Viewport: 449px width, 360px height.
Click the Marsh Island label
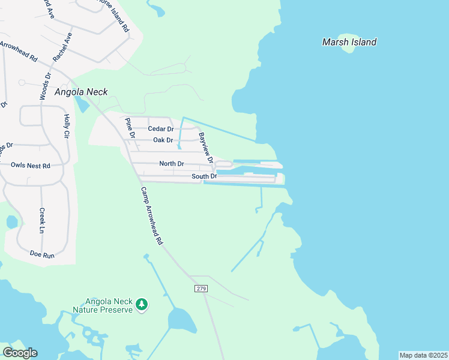coord(349,42)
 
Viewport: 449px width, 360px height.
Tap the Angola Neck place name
coord(81,92)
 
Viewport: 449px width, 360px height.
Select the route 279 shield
coord(201,289)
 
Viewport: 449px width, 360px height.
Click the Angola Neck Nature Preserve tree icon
coord(142,305)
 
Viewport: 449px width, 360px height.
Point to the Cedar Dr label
coord(160,129)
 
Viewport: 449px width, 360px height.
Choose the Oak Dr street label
coord(163,140)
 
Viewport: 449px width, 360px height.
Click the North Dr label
coord(172,164)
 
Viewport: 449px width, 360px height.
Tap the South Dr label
coord(203,176)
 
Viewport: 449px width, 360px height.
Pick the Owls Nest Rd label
coord(30,165)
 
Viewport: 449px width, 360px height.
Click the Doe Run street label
coord(42,254)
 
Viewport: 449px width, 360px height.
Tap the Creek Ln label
coord(42,221)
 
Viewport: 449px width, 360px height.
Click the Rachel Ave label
coord(62,47)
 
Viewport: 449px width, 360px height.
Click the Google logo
coord(20,353)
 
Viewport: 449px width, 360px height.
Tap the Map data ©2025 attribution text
coord(423,355)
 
